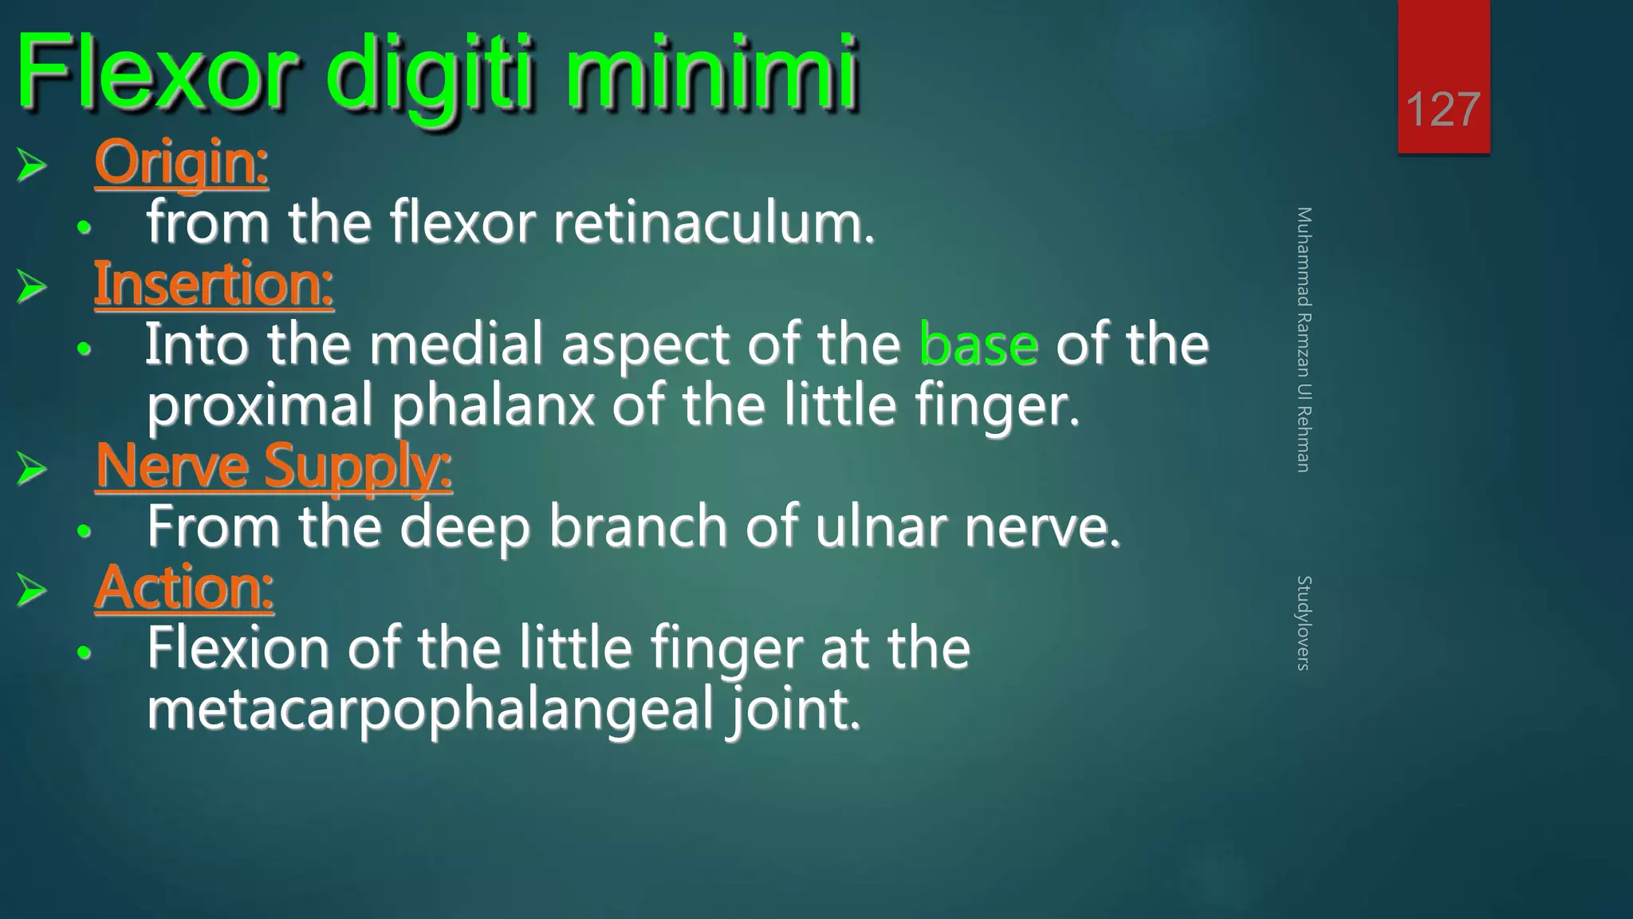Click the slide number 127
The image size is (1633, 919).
(x=1442, y=109)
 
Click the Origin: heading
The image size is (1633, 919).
(x=181, y=163)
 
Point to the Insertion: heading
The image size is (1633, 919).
(x=214, y=284)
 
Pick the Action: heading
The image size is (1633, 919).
(x=184, y=588)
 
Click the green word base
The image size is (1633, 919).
(x=978, y=345)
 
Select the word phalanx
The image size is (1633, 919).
(x=493, y=405)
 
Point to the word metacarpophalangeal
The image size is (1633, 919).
(x=430, y=709)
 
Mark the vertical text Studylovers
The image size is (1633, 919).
(x=1303, y=622)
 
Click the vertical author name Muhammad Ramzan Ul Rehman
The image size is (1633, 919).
(x=1303, y=339)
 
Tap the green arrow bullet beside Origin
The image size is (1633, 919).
(x=32, y=165)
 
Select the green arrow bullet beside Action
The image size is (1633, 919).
(x=32, y=590)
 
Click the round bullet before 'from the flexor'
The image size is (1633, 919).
(x=85, y=228)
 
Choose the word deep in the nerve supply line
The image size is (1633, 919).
(x=465, y=527)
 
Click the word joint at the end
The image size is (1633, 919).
(x=793, y=709)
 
